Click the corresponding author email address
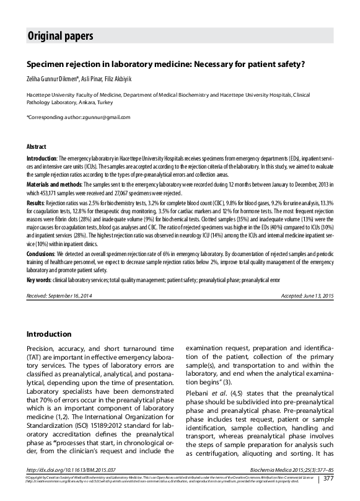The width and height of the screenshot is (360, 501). click(107, 117)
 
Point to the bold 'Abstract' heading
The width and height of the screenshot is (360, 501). click(36, 147)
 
